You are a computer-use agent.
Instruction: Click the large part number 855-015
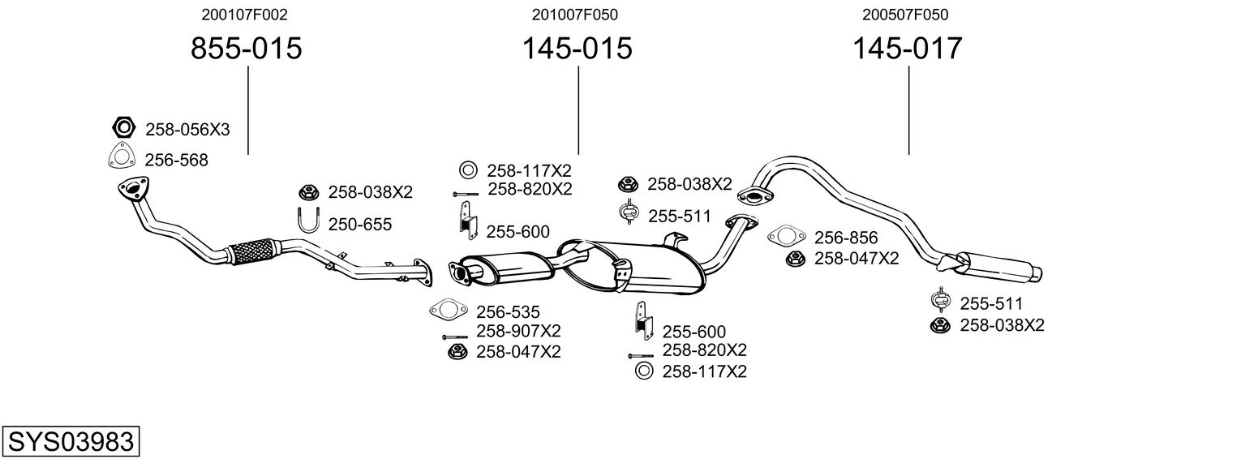(246, 49)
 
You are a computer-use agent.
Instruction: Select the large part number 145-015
(577, 49)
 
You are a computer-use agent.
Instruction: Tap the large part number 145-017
(907, 49)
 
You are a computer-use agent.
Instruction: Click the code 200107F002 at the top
(244, 15)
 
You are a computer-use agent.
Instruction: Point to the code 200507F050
(905, 15)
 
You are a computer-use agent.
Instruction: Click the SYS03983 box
(71, 442)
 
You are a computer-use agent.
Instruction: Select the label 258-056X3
(187, 129)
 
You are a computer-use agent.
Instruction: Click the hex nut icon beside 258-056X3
(122, 127)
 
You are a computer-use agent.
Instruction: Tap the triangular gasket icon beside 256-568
(121, 157)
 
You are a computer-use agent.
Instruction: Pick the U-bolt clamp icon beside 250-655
(308, 221)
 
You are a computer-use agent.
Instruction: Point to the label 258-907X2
(518, 331)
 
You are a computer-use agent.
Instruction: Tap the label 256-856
(846, 238)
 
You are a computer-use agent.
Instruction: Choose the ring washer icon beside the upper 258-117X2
(468, 170)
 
